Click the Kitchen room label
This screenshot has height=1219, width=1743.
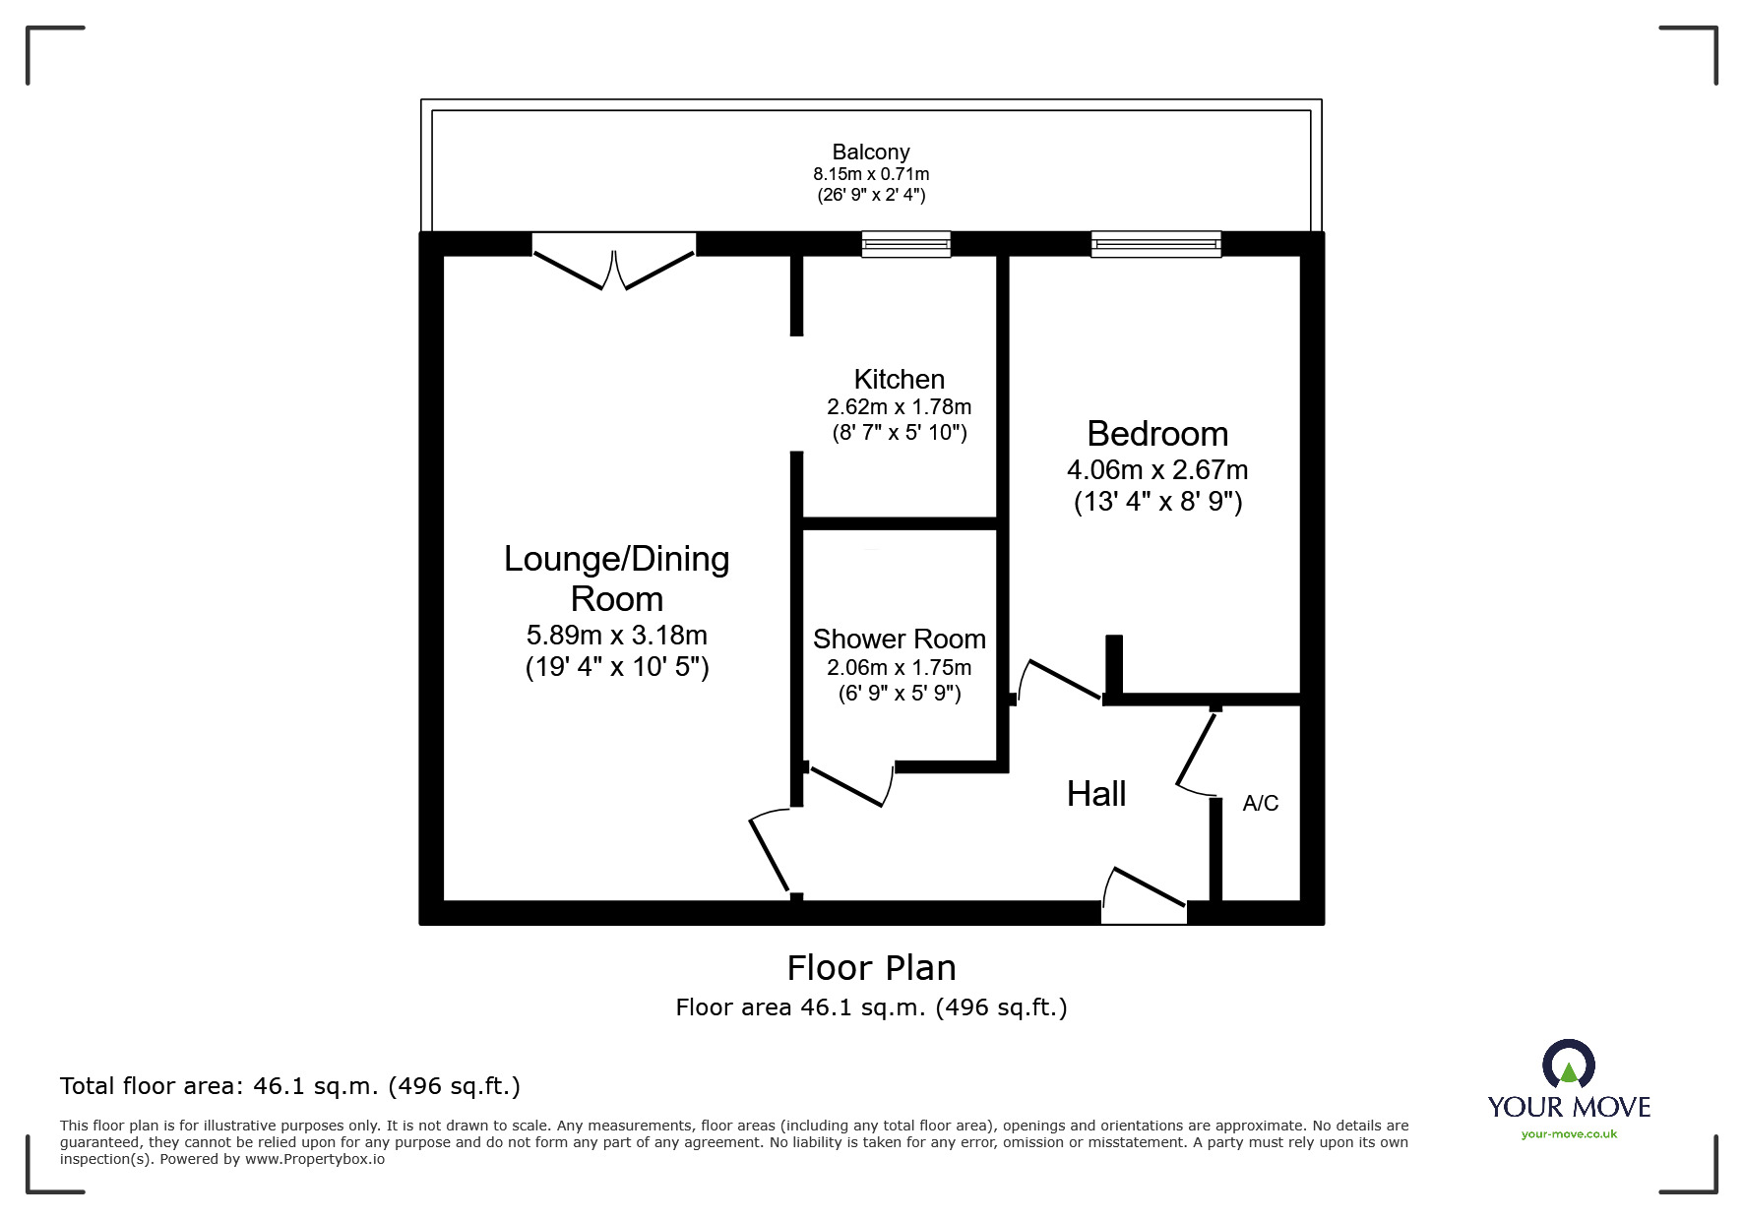coord(899,379)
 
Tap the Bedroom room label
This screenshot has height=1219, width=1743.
coord(1157,433)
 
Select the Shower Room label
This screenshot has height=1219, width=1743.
coord(899,639)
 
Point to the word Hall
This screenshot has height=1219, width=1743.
coord(1095,794)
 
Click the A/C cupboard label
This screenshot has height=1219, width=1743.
coord(1260,803)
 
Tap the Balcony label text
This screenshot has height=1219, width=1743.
coord(870,152)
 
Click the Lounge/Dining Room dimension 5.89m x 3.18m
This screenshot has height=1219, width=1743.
coord(616,635)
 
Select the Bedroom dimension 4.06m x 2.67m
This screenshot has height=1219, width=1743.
coord(1157,469)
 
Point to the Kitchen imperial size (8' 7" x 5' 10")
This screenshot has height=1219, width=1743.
coord(899,432)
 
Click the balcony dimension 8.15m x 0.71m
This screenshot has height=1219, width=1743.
coord(870,173)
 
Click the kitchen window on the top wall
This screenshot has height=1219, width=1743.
coord(905,244)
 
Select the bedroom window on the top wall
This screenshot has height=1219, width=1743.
coord(1155,244)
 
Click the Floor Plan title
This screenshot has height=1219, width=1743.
coord(871,968)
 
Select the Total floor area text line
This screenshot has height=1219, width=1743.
coord(289,1086)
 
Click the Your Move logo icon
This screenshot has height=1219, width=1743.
coord(1568,1065)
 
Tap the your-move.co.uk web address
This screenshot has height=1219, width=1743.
coord(1569,1134)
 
